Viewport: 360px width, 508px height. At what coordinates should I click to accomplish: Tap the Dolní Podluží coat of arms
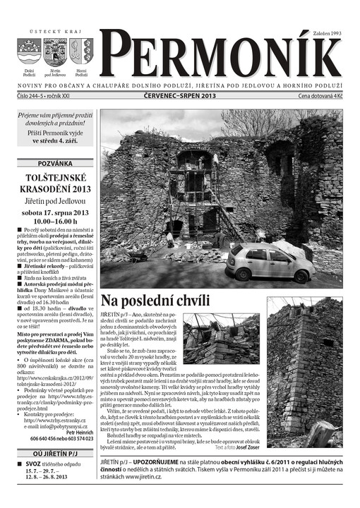(x=29, y=52)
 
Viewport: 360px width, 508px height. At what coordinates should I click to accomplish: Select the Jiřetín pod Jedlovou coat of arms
(x=55, y=52)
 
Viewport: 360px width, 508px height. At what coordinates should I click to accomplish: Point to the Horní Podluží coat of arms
(x=80, y=51)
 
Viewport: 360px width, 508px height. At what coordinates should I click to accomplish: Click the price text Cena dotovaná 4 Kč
(x=319, y=95)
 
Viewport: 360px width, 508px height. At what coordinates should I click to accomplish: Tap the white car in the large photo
(x=270, y=262)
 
